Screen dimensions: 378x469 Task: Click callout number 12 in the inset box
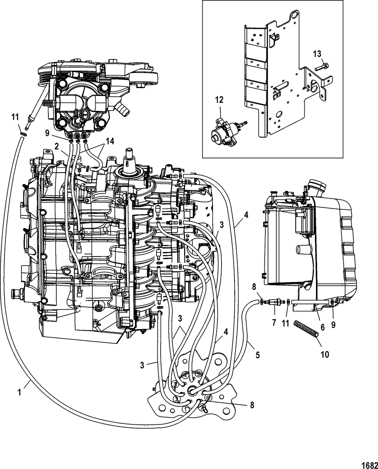(x=219, y=100)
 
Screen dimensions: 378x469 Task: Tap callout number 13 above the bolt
(x=317, y=53)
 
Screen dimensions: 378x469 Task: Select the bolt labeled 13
(x=322, y=67)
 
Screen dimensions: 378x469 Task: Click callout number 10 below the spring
(x=325, y=354)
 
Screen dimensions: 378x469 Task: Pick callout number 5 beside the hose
(x=258, y=355)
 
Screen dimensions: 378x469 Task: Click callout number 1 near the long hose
(x=19, y=392)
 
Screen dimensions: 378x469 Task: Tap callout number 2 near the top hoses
(x=57, y=147)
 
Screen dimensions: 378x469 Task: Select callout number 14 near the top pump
(x=110, y=141)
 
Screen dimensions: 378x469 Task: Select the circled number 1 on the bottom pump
(x=186, y=409)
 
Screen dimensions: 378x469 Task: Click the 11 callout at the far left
(x=15, y=117)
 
